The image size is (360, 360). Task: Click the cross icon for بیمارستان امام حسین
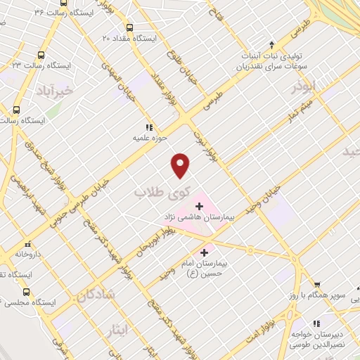205,252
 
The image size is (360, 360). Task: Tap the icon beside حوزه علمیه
148,127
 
